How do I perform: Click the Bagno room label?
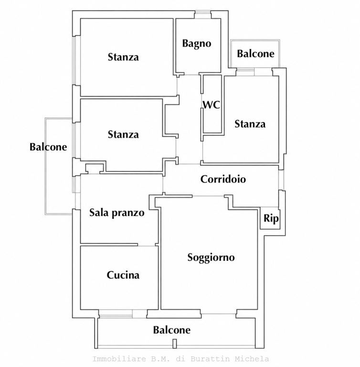pos(197,44)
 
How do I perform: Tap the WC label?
pos(211,105)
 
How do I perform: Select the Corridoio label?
pos(223,179)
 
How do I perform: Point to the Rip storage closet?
pos(271,218)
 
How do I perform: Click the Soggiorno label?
pos(211,258)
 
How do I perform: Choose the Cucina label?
pos(123,275)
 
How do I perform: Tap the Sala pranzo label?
pos(116,213)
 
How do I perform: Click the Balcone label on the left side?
pos(48,147)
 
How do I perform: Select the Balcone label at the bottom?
pos(172,330)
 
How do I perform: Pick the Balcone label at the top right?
pos(255,54)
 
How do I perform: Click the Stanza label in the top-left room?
pos(123,57)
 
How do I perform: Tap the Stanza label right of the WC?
pos(250,124)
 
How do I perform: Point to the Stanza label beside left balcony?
pos(123,135)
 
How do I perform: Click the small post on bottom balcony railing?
pos(174,344)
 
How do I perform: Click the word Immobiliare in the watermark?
pos(113,359)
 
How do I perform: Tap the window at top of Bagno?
pos(203,15)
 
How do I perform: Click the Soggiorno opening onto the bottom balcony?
pos(219,313)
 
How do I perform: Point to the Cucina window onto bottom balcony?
pos(116,313)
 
